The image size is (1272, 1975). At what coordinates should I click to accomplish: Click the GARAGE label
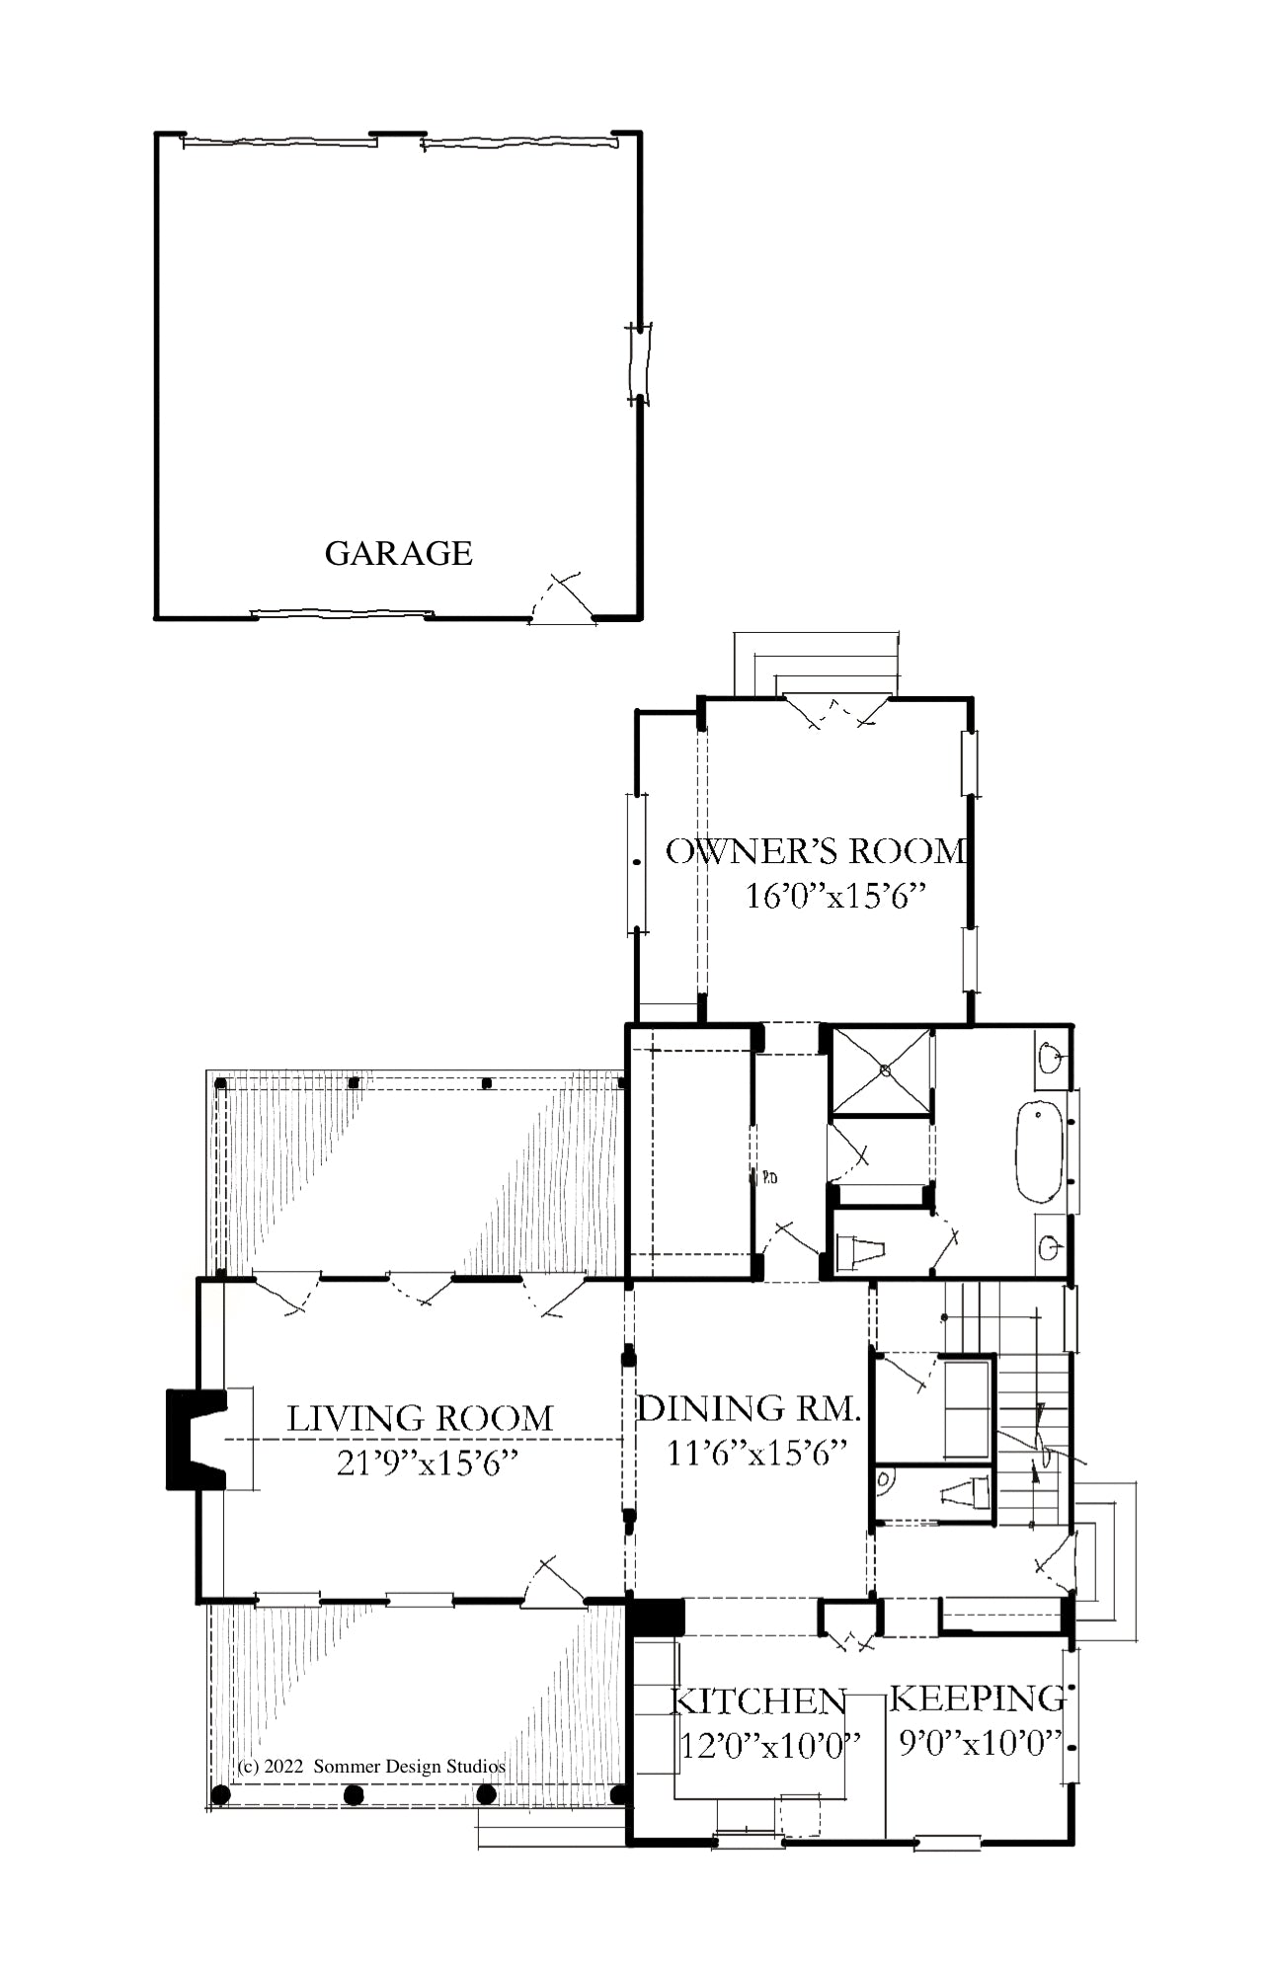[x=399, y=553]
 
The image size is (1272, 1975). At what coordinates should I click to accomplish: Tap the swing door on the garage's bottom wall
[x=563, y=598]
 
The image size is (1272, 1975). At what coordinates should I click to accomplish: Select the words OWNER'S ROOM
[x=816, y=851]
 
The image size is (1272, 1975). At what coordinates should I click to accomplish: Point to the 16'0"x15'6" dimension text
[x=836, y=897]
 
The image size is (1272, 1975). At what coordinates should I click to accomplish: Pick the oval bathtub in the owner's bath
[x=1039, y=1150]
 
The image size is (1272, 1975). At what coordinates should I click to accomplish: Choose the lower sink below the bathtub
[x=1051, y=1248]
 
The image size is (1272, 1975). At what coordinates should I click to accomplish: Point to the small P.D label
[x=769, y=1177]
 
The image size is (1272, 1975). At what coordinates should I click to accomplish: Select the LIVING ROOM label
[x=421, y=1419]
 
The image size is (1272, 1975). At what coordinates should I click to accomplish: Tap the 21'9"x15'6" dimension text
[x=428, y=1462]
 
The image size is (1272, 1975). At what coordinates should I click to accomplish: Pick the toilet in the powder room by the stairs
[x=965, y=1494]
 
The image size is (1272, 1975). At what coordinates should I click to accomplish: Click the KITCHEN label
[x=758, y=1701]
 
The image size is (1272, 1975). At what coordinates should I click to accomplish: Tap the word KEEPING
[x=978, y=1698]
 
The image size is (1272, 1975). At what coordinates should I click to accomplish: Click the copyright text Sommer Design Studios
[x=409, y=1767]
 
